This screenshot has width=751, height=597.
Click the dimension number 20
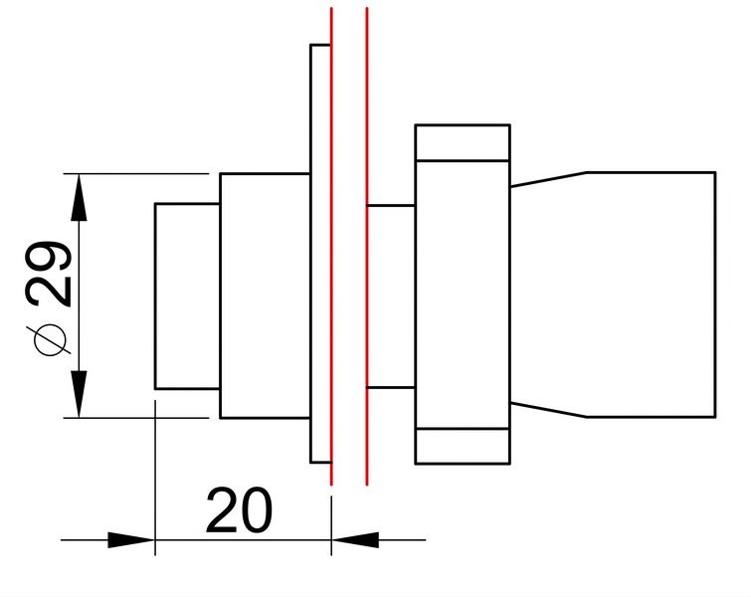[239, 510]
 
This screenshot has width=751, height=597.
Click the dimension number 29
[49, 274]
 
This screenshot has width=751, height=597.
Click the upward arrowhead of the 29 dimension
[79, 197]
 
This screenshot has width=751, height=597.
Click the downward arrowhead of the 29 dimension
[79, 394]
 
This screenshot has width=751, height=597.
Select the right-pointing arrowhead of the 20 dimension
[130, 540]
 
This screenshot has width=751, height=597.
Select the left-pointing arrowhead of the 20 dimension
[355, 540]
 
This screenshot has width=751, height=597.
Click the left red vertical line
[331, 247]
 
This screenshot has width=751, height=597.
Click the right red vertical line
[367, 247]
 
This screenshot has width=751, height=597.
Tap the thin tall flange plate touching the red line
[320, 254]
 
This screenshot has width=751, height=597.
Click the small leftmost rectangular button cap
[187, 297]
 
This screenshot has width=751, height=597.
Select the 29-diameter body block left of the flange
[265, 296]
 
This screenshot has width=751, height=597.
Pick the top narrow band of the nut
[463, 142]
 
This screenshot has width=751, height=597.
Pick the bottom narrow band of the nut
[463, 446]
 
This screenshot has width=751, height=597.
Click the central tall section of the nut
[463, 295]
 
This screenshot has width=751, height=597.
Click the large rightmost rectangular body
[652, 295]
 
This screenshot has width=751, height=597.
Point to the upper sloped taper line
[549, 179]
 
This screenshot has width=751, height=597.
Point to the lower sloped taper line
[549, 410]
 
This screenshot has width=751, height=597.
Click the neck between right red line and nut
[391, 297]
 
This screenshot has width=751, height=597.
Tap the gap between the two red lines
[349, 247]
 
